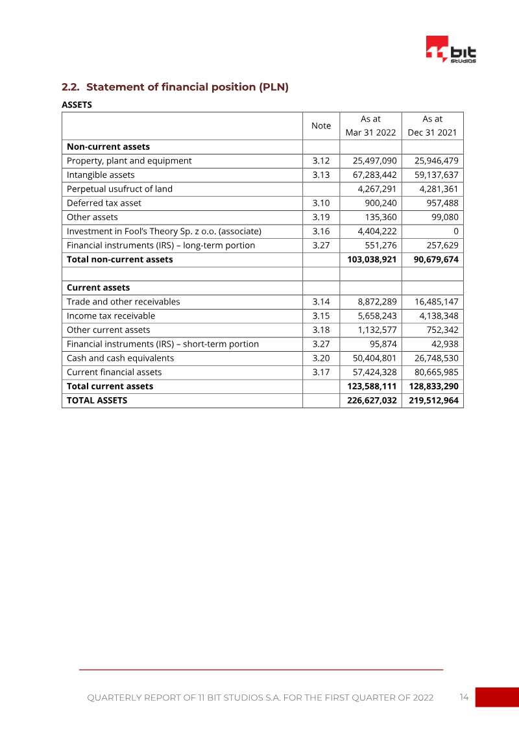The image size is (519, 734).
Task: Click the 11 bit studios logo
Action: click(450, 49)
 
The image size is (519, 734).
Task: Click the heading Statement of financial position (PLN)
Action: click(175, 87)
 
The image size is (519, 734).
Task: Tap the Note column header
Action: click(321, 126)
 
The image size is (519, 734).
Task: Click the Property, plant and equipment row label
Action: click(129, 160)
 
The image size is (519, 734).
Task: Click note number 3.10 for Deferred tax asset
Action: click(321, 203)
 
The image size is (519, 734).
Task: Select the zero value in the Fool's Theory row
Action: click(456, 232)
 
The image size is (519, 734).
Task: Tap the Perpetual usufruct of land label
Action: click(119, 189)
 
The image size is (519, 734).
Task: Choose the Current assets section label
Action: click(98, 287)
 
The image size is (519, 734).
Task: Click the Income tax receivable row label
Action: click(111, 316)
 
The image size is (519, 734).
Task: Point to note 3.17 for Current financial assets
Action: click(321, 373)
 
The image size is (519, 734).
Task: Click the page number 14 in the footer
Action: click(464, 698)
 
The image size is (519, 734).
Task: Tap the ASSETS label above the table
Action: click(77, 104)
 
